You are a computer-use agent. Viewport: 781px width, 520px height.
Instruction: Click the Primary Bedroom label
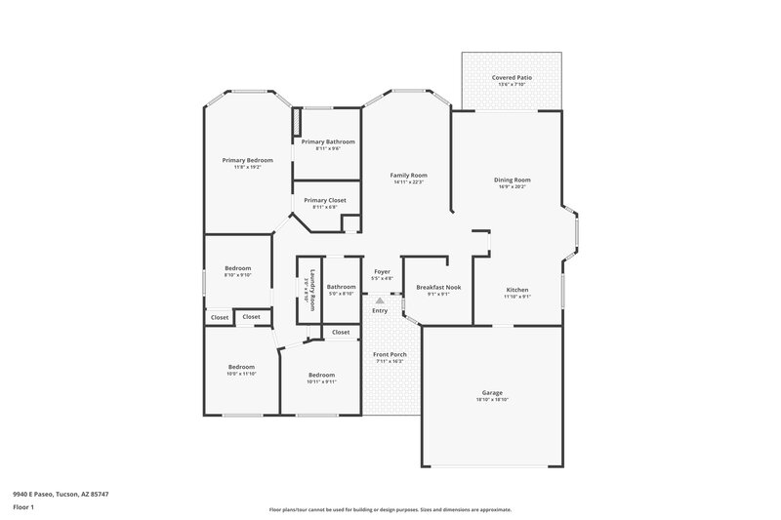(247, 160)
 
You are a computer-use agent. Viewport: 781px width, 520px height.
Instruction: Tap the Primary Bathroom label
(328, 141)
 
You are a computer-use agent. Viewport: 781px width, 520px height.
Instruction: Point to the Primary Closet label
(324, 200)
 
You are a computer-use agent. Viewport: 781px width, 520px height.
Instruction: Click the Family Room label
(409, 176)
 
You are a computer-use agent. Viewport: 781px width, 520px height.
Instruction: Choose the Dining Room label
(512, 180)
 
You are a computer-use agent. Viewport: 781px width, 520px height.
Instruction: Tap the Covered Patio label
(512, 77)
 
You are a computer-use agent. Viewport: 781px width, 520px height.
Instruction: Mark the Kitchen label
(517, 290)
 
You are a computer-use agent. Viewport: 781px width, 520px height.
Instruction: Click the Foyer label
(382, 272)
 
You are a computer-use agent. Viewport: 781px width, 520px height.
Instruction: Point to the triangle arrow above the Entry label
(380, 300)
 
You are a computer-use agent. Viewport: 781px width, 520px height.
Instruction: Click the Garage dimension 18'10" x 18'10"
(492, 399)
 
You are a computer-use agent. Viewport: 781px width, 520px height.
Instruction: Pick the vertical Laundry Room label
(312, 290)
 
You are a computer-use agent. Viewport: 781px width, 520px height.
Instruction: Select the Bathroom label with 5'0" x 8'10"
(341, 287)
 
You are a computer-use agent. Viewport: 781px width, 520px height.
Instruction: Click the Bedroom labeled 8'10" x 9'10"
(238, 268)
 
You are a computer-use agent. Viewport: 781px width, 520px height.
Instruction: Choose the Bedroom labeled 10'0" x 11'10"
(240, 367)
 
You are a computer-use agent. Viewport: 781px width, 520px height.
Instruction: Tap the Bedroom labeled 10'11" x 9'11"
(321, 375)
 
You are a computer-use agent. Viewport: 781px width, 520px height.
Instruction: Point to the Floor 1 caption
(22, 507)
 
